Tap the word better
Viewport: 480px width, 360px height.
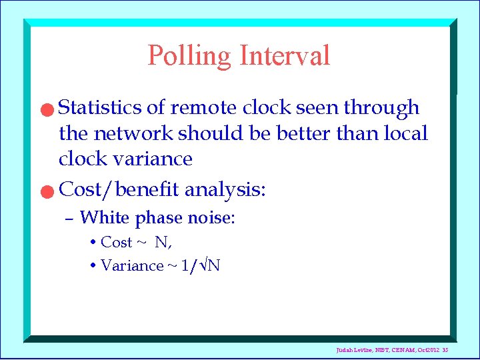303,133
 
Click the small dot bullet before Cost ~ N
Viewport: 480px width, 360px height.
93,242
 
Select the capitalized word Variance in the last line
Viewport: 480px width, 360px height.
131,265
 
